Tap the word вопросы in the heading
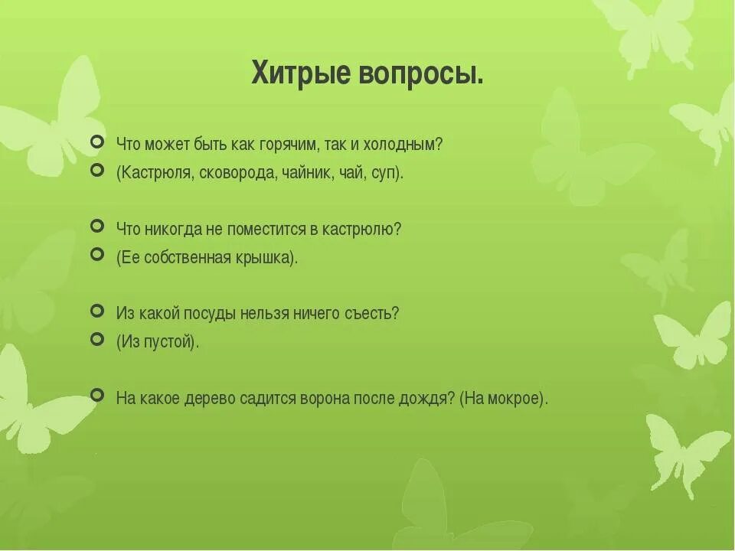[419, 74]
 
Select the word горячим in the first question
[286, 144]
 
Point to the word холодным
[403, 144]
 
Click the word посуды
[219, 313]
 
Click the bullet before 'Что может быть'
[96, 142]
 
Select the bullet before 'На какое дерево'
[96, 395]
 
